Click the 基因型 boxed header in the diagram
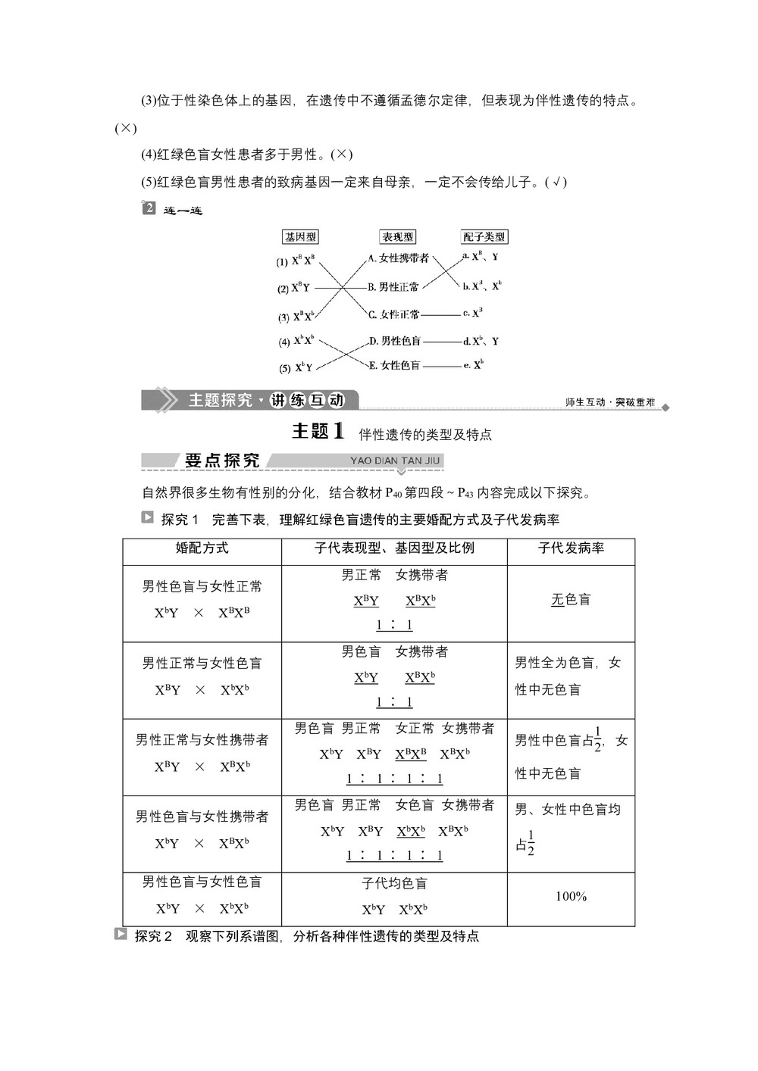tap(300, 237)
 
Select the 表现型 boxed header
tap(398, 237)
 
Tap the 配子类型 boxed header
tap(484, 237)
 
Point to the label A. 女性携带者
tap(399, 258)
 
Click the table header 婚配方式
tap(202, 548)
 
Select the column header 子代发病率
tap(571, 548)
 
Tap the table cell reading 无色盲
tap(571, 600)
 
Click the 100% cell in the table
tap(571, 897)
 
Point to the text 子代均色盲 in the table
tap(394, 884)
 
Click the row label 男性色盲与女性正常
tap(202, 586)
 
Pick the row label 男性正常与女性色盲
tap(202, 663)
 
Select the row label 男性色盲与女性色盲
tap(202, 882)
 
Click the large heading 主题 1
tap(318, 432)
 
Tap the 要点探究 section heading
tap(221, 461)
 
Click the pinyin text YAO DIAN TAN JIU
tap(395, 461)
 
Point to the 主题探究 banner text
tap(220, 400)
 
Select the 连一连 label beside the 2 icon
tap(183, 211)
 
